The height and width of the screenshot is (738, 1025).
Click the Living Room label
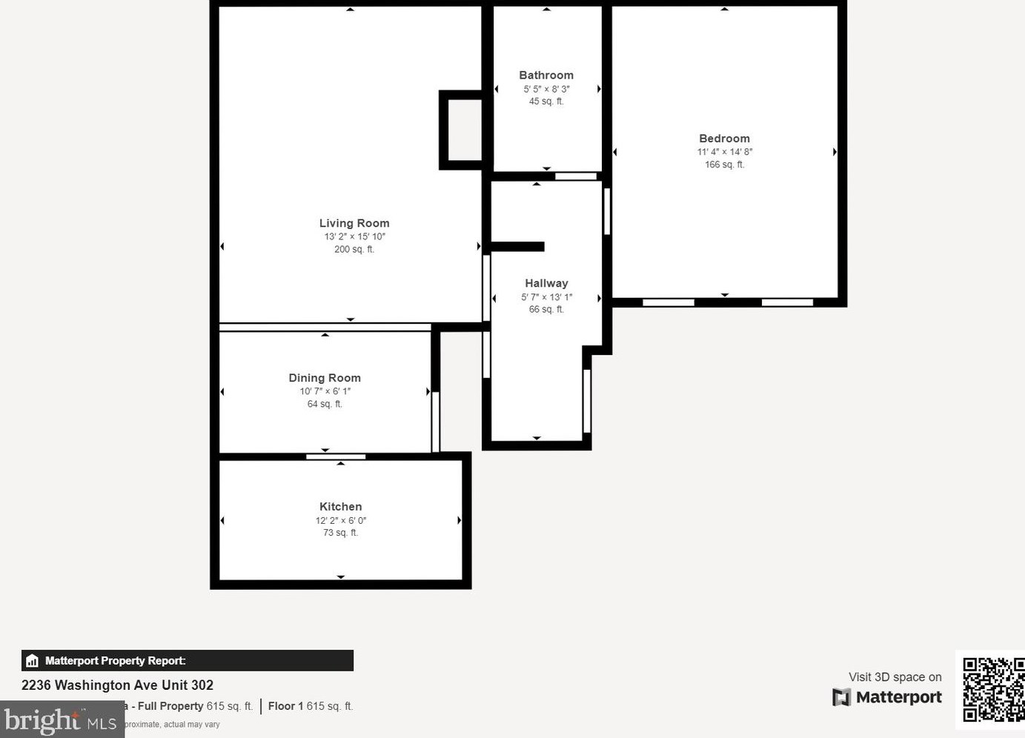pyautogui.click(x=354, y=223)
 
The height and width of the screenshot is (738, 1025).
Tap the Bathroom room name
pyautogui.click(x=546, y=75)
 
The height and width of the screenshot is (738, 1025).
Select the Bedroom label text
pyautogui.click(x=724, y=139)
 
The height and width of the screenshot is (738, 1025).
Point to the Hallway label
pyautogui.click(x=546, y=283)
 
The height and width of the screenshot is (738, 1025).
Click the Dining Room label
pyautogui.click(x=325, y=378)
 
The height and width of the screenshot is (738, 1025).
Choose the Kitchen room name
pyautogui.click(x=341, y=507)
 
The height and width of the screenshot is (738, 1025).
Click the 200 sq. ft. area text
pyautogui.click(x=354, y=250)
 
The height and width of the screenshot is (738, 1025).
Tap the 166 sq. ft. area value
pyautogui.click(x=724, y=164)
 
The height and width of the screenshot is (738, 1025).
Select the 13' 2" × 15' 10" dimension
pyautogui.click(x=354, y=236)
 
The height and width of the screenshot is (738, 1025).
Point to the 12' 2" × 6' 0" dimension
pyautogui.click(x=341, y=520)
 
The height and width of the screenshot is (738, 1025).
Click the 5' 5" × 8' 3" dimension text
pyautogui.click(x=546, y=89)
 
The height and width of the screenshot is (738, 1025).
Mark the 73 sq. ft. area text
pyautogui.click(x=341, y=533)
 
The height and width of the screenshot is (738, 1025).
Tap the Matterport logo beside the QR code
pyautogui.click(x=887, y=697)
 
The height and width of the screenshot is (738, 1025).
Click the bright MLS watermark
pyautogui.click(x=61, y=720)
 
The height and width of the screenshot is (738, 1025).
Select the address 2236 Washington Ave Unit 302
pyautogui.click(x=117, y=685)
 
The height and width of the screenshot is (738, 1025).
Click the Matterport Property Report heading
pyautogui.click(x=115, y=661)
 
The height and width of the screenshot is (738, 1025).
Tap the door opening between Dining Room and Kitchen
pyautogui.click(x=336, y=456)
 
